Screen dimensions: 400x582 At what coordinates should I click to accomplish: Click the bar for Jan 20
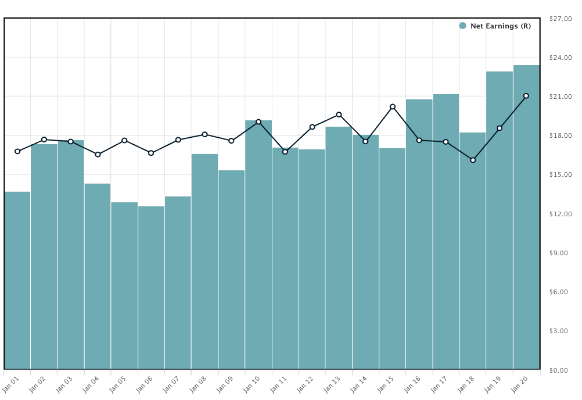[526, 217]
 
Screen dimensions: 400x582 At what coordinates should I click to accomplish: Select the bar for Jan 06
[151, 288]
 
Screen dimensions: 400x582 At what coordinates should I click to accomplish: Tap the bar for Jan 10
[258, 245]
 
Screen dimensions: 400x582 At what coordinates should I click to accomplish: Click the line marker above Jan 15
[393, 107]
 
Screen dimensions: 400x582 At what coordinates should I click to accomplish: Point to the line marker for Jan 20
[526, 96]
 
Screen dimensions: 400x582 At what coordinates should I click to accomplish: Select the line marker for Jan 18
[473, 160]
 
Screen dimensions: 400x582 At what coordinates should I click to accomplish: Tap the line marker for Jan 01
[17, 151]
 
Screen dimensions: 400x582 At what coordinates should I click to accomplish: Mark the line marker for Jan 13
[339, 115]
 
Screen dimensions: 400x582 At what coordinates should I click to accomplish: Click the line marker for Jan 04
[98, 155]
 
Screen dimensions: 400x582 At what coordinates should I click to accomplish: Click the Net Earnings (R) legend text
[500, 26]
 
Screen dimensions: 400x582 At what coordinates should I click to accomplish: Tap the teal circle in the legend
[463, 26]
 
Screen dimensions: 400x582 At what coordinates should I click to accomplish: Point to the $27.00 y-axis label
[561, 19]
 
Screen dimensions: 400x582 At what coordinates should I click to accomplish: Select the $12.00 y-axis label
[561, 215]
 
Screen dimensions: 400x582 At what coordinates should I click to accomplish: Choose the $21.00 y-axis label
[561, 97]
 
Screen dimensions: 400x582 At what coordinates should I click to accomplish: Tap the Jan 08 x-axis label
[199, 384]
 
